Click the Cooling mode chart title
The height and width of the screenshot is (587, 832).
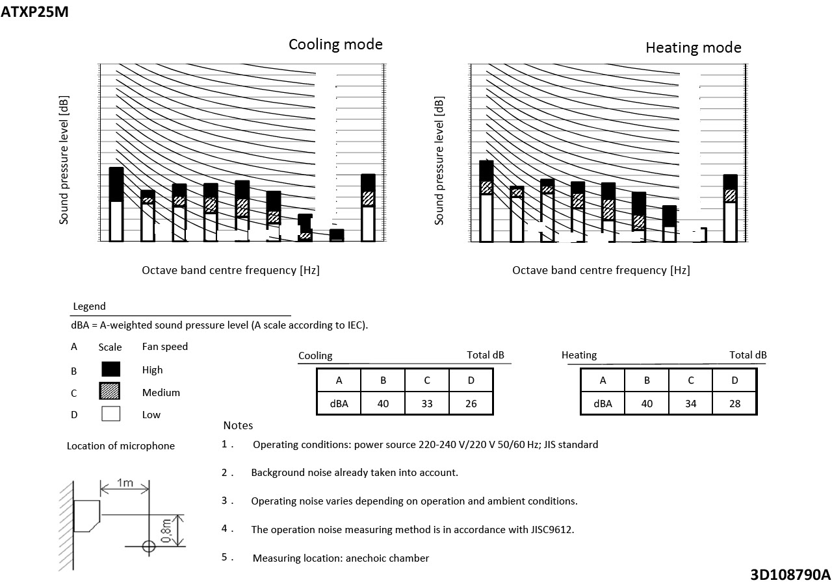pos(335,44)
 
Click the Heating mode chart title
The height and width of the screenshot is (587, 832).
pos(693,47)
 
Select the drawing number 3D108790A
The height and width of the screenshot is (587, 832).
pos(790,575)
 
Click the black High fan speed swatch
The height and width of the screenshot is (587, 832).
pos(110,369)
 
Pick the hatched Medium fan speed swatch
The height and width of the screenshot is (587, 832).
pos(110,392)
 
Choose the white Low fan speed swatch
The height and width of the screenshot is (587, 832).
pos(110,414)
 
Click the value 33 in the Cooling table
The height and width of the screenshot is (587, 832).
pos(427,403)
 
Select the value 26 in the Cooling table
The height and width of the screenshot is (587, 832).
pos(471,403)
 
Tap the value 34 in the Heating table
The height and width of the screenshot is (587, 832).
pos(690,403)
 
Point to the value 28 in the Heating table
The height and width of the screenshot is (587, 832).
pos(734,403)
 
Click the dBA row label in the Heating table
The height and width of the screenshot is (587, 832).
pos(603,403)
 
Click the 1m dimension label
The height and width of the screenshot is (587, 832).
pos(125,482)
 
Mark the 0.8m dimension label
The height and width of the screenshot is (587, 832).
pos(166,531)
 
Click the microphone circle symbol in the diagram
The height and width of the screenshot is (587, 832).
pos(149,546)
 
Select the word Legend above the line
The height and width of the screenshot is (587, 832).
pos(89,306)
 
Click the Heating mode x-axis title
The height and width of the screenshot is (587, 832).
pos(601,270)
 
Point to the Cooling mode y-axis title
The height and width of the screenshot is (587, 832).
pos(64,160)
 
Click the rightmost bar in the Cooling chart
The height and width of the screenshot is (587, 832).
pos(368,208)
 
